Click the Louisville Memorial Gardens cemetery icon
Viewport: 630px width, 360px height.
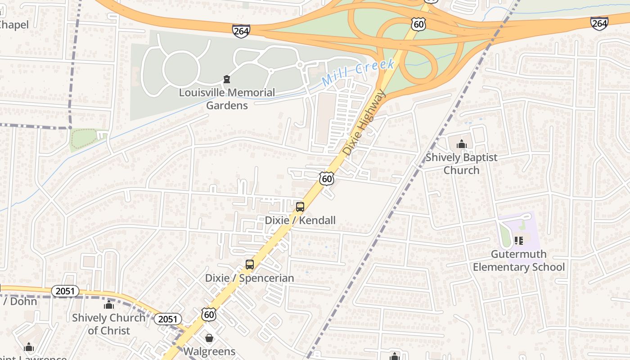click(x=227, y=80)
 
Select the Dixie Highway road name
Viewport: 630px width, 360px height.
click(x=364, y=122)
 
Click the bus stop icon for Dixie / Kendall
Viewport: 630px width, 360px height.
click(x=300, y=207)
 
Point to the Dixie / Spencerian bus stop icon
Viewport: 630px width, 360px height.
click(x=250, y=265)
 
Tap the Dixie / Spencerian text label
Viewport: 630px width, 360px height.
click(x=249, y=278)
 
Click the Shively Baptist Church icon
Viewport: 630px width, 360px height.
click(x=461, y=144)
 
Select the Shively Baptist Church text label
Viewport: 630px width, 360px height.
click(x=461, y=164)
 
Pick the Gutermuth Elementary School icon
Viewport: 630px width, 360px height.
click(x=519, y=241)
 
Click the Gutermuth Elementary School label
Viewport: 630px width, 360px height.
click(x=518, y=261)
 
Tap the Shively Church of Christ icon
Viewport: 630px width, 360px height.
click(x=109, y=305)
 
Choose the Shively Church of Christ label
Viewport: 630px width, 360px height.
click(x=109, y=324)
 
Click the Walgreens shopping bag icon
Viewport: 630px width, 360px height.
click(x=209, y=338)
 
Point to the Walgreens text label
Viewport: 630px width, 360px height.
click(x=209, y=351)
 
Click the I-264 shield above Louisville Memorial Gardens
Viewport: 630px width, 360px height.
click(x=241, y=31)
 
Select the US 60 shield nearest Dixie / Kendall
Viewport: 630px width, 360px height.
click(x=327, y=178)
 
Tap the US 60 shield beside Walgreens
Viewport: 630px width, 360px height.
click(x=209, y=314)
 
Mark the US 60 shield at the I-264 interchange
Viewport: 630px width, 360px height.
click(x=418, y=24)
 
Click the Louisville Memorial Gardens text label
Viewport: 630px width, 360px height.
click(x=227, y=99)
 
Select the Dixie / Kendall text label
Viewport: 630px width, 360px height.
click(x=300, y=220)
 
